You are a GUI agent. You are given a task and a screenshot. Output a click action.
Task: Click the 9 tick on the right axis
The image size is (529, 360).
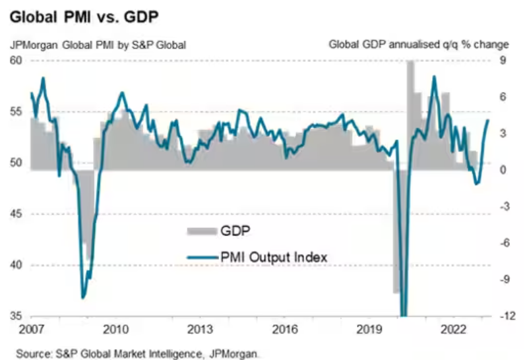point(501,61)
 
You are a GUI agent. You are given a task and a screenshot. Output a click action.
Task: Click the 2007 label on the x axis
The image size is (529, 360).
point(30,329)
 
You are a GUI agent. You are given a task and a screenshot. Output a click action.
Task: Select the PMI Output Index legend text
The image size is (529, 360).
point(272,256)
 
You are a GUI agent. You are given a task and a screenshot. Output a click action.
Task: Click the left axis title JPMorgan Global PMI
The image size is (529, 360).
point(98,45)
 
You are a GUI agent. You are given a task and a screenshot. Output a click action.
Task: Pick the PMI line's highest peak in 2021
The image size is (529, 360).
point(434,76)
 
